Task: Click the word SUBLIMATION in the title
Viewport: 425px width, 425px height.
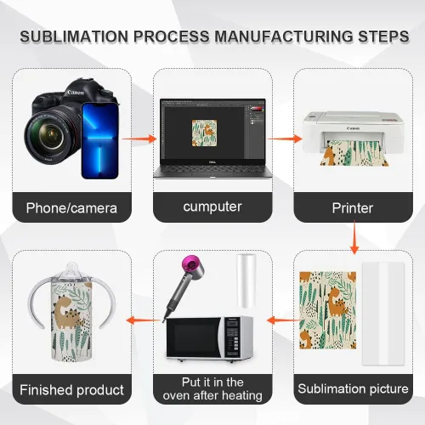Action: (x=74, y=37)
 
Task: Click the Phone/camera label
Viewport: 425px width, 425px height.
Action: (x=71, y=208)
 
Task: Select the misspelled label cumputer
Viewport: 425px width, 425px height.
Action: (x=212, y=207)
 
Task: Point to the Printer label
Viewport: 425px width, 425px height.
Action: (x=353, y=208)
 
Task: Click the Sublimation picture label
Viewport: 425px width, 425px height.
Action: (x=353, y=388)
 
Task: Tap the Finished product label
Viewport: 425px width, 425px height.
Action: (x=71, y=390)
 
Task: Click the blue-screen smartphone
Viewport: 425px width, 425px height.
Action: (x=99, y=141)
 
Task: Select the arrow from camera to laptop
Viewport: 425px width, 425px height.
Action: (x=139, y=139)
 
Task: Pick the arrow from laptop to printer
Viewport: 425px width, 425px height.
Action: (x=284, y=139)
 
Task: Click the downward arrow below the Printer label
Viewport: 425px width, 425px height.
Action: (x=354, y=237)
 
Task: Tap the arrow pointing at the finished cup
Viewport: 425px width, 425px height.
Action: (x=144, y=320)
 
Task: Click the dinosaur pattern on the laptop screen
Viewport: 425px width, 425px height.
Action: (x=204, y=133)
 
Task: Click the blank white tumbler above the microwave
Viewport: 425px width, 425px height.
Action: (x=246, y=280)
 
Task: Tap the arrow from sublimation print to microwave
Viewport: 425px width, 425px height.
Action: (x=284, y=320)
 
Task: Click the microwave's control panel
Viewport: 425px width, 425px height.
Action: (x=233, y=337)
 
